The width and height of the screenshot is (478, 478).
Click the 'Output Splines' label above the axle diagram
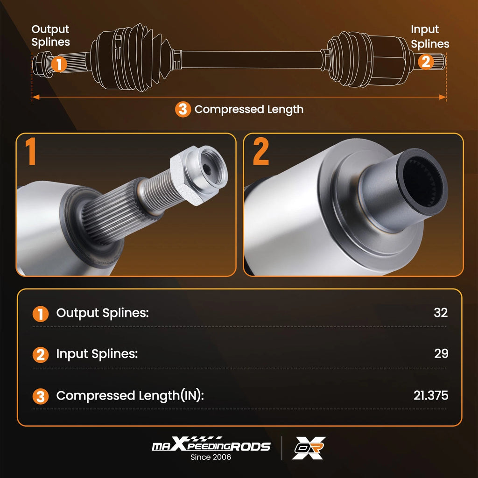50,35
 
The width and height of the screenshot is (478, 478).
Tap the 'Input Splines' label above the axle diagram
430,36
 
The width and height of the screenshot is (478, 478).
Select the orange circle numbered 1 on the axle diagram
59,64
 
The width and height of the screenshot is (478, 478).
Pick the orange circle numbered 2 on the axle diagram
426,62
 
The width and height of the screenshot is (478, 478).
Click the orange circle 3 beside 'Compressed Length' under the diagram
183,109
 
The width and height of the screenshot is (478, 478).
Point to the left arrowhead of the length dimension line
35,97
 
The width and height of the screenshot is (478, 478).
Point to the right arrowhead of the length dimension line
443,97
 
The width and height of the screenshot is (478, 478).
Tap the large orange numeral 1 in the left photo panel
30,151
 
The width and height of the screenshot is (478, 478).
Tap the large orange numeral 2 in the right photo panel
261,151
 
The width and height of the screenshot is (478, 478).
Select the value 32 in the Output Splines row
441,313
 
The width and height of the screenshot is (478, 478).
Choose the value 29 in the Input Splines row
441,354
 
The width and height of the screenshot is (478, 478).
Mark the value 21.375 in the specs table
431,395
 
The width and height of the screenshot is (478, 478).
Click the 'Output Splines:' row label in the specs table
102,313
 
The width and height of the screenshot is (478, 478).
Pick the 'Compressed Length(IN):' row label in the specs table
130,396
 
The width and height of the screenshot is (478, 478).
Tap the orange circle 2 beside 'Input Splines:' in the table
41,355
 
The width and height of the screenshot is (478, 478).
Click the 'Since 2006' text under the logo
211,457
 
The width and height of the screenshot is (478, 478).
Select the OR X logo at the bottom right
309,448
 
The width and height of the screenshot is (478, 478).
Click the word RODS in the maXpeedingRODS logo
251,447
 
